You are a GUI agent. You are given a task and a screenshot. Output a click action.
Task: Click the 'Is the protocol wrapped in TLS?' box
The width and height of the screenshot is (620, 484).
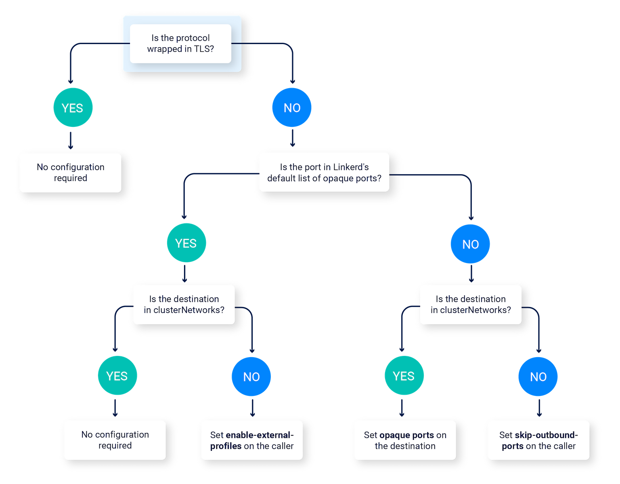tap(180, 44)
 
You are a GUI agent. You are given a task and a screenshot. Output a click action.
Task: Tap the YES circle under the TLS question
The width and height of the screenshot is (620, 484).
tap(73, 107)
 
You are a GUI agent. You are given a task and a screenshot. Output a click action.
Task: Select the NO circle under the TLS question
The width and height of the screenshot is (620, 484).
tap(292, 107)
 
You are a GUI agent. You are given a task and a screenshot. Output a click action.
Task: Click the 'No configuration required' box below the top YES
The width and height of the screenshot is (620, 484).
tap(71, 173)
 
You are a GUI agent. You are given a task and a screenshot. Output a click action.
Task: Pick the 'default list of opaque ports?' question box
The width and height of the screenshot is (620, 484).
tap(324, 173)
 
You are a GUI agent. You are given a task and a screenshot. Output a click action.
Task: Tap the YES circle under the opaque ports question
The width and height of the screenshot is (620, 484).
tap(186, 243)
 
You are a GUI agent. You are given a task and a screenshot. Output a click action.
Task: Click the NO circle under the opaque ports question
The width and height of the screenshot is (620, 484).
tap(470, 244)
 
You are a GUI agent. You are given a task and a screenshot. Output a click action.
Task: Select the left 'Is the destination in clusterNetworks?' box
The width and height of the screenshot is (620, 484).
tap(184, 305)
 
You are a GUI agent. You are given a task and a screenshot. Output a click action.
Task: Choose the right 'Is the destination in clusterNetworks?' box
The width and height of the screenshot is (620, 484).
tap(471, 305)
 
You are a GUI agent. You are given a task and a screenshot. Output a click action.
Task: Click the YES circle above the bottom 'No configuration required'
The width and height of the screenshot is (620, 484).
tap(117, 376)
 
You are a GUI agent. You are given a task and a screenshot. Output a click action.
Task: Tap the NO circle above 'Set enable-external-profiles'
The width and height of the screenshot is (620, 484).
tap(251, 377)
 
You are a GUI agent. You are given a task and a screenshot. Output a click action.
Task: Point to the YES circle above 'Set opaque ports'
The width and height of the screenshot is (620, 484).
tap(404, 376)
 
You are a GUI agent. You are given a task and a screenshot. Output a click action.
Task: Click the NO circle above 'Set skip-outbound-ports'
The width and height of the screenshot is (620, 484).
tap(538, 377)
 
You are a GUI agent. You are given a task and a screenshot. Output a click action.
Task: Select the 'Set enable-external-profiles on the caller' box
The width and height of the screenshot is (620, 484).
tap(252, 440)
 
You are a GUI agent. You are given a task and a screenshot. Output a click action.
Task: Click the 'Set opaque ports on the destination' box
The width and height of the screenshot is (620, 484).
tap(405, 440)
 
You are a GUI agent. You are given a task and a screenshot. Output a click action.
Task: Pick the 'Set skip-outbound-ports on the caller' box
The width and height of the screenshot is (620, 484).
tap(538, 440)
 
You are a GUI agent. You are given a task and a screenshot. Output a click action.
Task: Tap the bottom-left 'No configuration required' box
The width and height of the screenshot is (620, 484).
tap(115, 440)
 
